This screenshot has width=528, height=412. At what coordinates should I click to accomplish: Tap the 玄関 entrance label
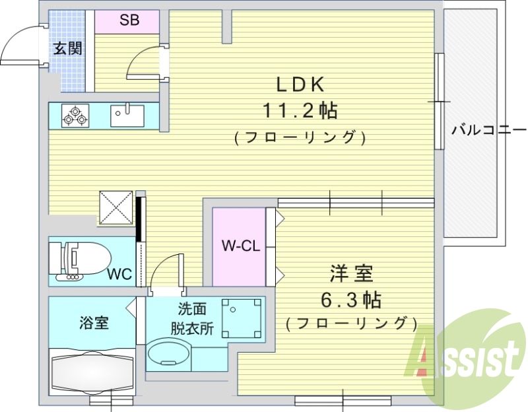pyautogui.click(x=67, y=49)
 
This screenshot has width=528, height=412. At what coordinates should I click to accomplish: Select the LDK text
pyautogui.click(x=299, y=85)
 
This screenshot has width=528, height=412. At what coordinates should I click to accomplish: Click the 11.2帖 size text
pyautogui.click(x=300, y=111)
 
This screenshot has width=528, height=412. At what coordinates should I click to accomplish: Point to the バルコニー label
pyautogui.click(x=488, y=129)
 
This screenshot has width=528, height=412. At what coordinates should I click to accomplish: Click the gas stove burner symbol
pyautogui.click(x=75, y=116)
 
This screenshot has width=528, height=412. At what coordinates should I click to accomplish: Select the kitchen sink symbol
pyautogui.click(x=127, y=116)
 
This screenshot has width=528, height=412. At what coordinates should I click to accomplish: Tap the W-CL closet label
pyautogui.click(x=239, y=247)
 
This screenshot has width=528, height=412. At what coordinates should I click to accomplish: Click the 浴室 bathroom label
pyautogui.click(x=94, y=324)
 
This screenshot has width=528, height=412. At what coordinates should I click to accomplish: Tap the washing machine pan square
pyautogui.click(x=242, y=318)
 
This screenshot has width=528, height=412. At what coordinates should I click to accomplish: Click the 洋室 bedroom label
pyautogui.click(x=351, y=273)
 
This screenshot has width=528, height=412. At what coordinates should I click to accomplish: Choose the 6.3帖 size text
pyautogui.click(x=350, y=300)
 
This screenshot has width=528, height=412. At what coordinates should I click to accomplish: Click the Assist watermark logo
pyautogui.click(x=465, y=357)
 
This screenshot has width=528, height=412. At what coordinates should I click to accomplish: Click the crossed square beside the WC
pyautogui.click(x=116, y=207)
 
